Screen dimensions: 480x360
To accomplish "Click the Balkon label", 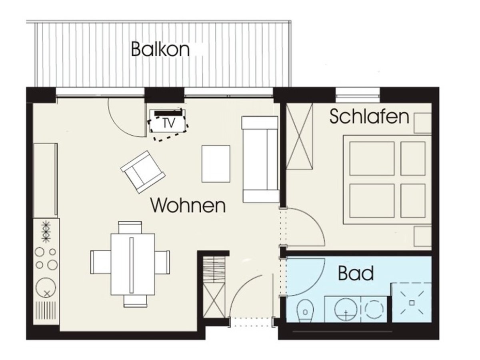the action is pos(160,49).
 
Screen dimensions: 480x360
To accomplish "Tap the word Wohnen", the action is pos(188,205).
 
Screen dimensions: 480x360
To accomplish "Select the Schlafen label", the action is pos(369,116).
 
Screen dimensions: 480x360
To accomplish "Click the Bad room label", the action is pos(356,273).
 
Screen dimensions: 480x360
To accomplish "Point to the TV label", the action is pos(169,123).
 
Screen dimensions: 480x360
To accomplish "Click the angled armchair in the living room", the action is pos(143,172).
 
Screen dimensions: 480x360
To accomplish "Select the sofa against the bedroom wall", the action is pos(260,159).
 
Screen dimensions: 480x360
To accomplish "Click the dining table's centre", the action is pos(133,264).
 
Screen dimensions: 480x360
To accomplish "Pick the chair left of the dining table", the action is pos(100,262).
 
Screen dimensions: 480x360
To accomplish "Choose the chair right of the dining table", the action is pos(162,262).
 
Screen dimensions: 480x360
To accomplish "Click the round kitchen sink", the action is pos(46,288).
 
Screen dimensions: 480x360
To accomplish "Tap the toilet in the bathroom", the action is pos(305,311).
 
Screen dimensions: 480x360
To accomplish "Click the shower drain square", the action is pos(412,303).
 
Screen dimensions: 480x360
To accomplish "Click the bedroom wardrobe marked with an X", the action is pos(300,136).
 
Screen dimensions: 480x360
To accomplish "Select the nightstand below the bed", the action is pos(422,236).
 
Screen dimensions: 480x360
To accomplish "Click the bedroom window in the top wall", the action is pos(358,95).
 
